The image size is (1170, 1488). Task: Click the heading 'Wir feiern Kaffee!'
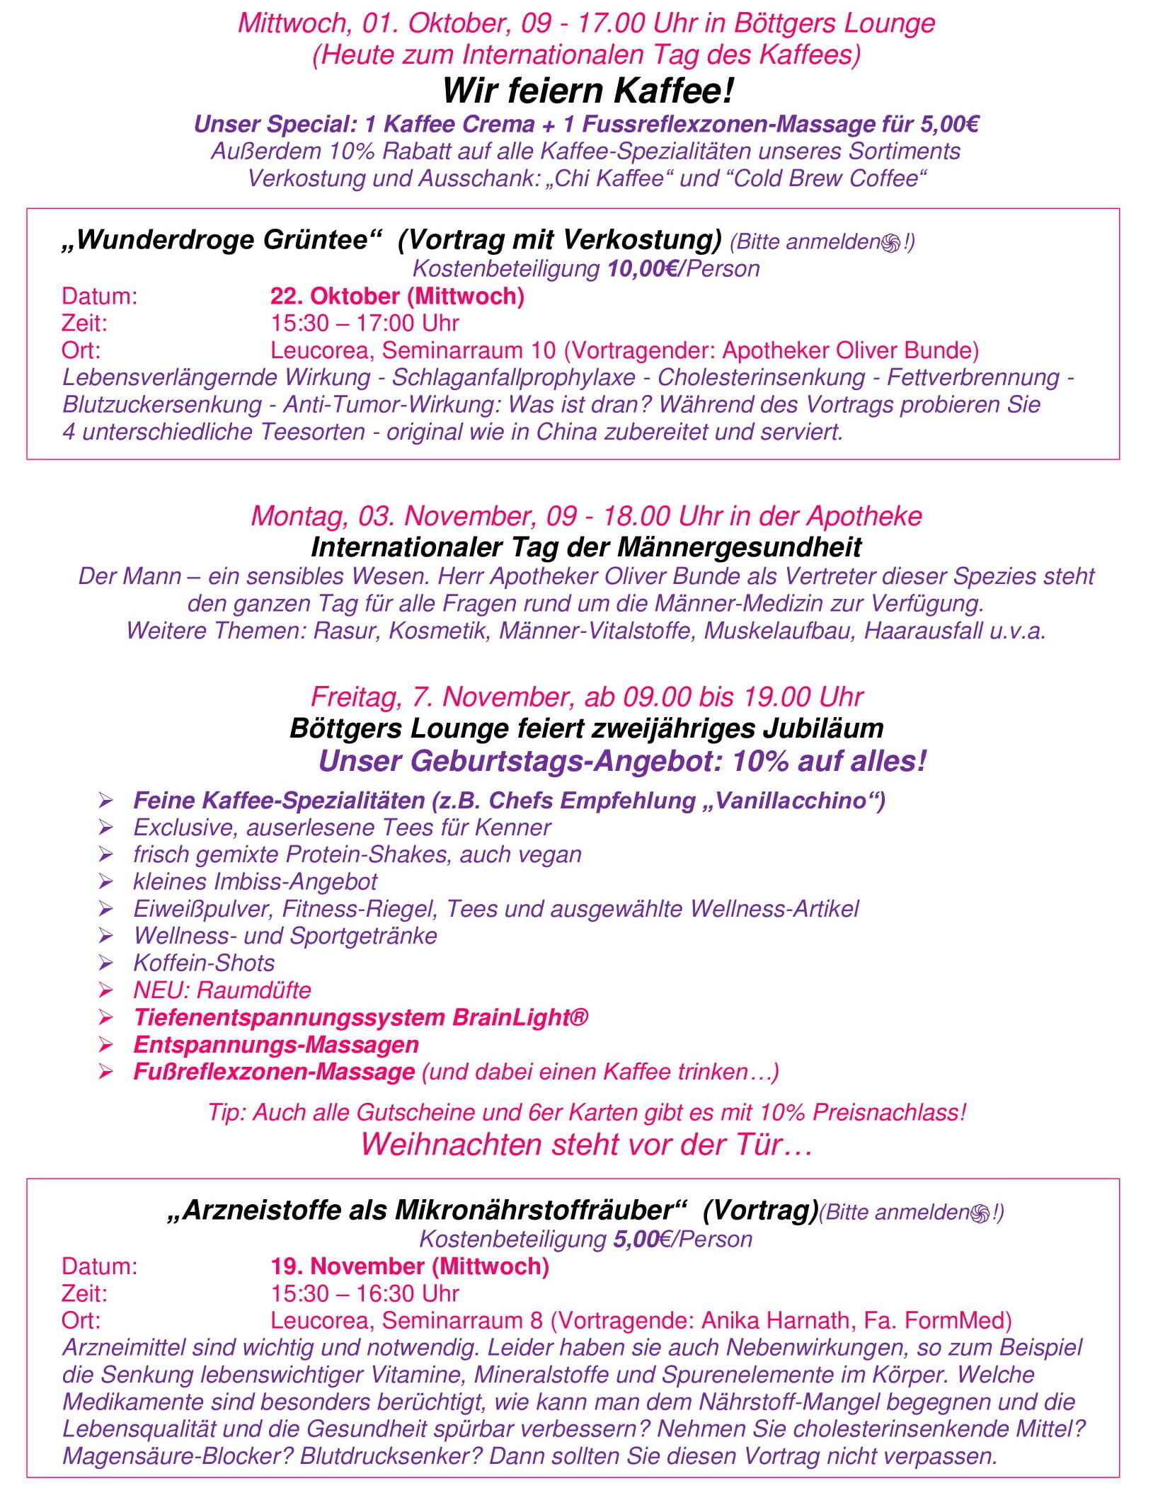tap(587, 91)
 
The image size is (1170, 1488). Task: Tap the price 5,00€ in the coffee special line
tap(949, 125)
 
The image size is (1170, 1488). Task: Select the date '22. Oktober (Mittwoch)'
tap(397, 296)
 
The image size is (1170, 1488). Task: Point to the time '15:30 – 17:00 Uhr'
tap(365, 324)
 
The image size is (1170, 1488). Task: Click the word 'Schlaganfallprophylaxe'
tap(513, 377)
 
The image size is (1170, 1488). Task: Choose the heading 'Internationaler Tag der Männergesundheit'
tap(586, 547)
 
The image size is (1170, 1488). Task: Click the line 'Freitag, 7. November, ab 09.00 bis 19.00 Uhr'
tap(587, 697)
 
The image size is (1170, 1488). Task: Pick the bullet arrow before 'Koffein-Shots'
tap(106, 963)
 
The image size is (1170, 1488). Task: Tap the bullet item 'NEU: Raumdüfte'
tap(222, 990)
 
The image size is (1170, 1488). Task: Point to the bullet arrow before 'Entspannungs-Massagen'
tap(106, 1045)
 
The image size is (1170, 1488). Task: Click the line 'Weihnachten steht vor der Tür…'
tap(586, 1145)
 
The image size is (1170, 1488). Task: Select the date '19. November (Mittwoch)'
tap(409, 1266)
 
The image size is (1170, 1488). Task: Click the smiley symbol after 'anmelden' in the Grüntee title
tap(891, 243)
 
